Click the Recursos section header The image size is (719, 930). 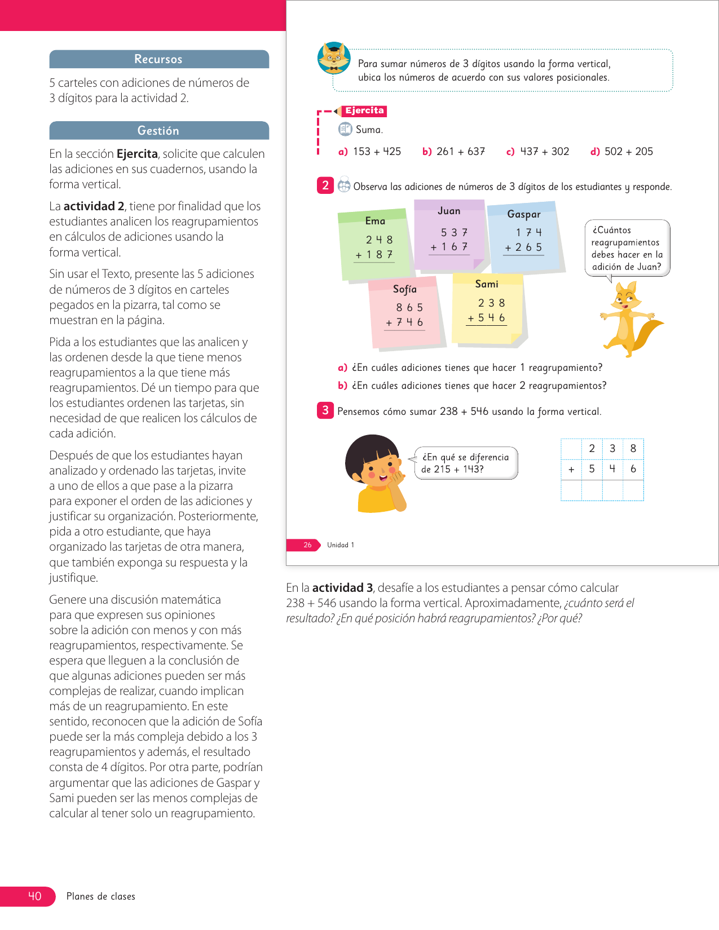[158, 59]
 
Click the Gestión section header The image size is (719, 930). [158, 131]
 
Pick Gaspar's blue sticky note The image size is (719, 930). [524, 237]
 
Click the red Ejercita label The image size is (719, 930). [364, 111]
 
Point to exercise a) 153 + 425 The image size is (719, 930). [370, 152]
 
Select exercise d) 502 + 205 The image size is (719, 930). [621, 152]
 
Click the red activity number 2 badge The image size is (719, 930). [325, 185]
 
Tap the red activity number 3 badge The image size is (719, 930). [325, 410]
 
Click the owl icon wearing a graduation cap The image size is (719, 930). [334, 58]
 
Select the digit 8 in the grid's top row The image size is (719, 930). [633, 449]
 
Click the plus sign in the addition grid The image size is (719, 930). [571, 469]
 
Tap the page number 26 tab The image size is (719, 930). [307, 545]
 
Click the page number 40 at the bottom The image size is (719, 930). [34, 896]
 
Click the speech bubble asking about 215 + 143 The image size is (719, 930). [466, 463]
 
